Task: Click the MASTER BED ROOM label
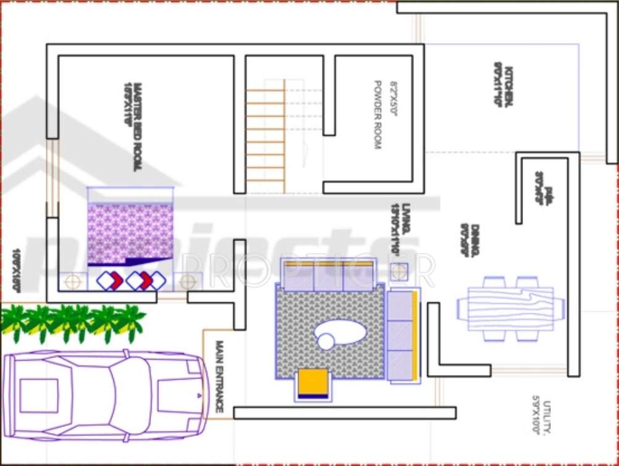[138, 127]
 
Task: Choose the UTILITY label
[547, 416]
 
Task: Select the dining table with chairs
[511, 308]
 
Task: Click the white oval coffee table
[340, 333]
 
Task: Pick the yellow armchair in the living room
[313, 384]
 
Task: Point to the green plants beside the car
[73, 322]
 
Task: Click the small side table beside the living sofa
[399, 271]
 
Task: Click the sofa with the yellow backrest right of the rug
[402, 335]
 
